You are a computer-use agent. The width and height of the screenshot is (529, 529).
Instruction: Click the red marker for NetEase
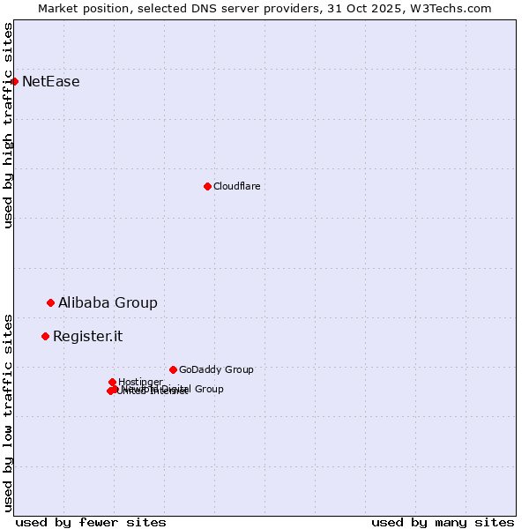14,81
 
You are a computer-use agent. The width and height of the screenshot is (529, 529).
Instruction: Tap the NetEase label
51,82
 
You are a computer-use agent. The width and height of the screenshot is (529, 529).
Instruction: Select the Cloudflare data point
207,186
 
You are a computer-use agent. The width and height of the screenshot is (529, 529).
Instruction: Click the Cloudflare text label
237,186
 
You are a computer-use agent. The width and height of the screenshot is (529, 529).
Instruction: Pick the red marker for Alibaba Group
50,302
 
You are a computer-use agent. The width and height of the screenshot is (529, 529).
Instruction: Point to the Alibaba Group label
108,302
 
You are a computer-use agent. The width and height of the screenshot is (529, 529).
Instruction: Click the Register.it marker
45,336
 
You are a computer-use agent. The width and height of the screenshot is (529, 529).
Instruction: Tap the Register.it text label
87,336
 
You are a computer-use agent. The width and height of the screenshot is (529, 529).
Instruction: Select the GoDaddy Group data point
173,369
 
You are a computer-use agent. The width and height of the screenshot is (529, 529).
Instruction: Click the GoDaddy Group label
216,369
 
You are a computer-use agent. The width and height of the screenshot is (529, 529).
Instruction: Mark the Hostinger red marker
112,382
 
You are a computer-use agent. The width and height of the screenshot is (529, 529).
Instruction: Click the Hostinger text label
140,382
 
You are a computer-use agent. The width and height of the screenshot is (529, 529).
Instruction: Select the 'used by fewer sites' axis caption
91,522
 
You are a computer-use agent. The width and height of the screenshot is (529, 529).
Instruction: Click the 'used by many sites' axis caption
443,522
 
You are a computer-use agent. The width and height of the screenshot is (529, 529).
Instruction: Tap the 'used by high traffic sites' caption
8,125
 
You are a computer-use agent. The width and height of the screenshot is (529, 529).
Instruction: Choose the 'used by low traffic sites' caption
8,412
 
